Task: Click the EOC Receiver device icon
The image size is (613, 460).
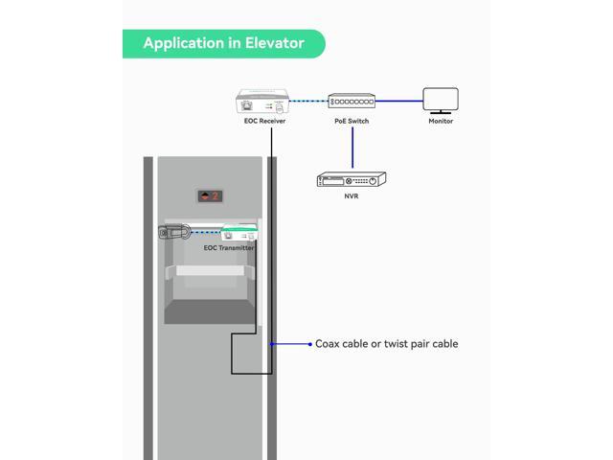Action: pyautogui.click(x=262, y=102)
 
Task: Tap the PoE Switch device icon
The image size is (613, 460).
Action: pyautogui.click(x=352, y=101)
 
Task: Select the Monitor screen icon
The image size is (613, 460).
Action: pyautogui.click(x=441, y=101)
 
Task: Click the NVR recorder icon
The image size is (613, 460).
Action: pyautogui.click(x=352, y=179)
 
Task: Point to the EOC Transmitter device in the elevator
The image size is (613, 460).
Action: pyautogui.click(x=239, y=232)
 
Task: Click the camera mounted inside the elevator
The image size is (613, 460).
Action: pyautogui.click(x=174, y=232)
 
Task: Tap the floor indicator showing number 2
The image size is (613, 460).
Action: pyautogui.click(x=210, y=195)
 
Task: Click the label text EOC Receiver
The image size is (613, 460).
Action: pyautogui.click(x=264, y=121)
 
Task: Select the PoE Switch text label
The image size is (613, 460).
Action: pyautogui.click(x=352, y=121)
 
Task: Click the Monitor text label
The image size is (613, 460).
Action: pyautogui.click(x=441, y=121)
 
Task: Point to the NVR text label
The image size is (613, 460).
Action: pyautogui.click(x=352, y=195)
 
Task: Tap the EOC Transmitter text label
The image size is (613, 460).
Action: pyautogui.click(x=229, y=247)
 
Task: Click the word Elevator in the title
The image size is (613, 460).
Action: pyautogui.click(x=275, y=43)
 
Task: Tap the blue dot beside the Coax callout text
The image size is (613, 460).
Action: pyautogui.click(x=310, y=344)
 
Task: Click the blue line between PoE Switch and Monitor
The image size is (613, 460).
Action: pyautogui.click(x=399, y=101)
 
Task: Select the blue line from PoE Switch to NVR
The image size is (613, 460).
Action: pyautogui.click(x=352, y=148)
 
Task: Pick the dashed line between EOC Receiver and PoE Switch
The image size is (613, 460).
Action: pyautogui.click(x=308, y=101)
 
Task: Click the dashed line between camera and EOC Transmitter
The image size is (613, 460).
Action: pyautogui.click(x=206, y=232)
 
